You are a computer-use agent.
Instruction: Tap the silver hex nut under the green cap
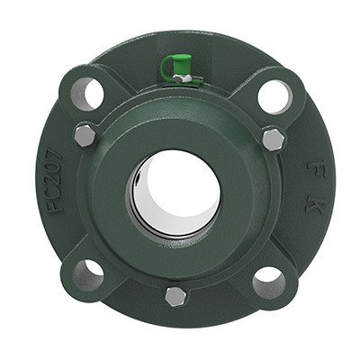[180, 78]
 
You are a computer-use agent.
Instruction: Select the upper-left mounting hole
[86, 93]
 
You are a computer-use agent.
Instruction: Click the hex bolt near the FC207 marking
[84, 135]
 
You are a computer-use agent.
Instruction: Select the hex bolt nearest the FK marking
[273, 139]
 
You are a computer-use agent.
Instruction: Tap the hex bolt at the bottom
[175, 296]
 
